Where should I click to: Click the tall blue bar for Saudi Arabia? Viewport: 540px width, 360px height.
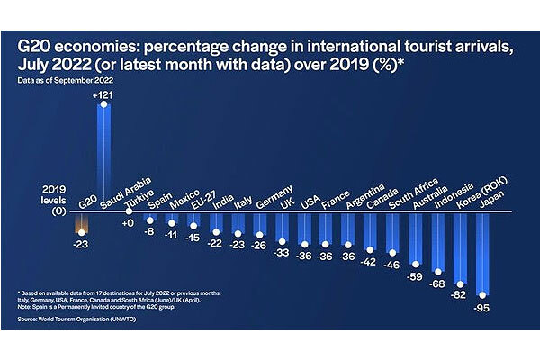point(105,157)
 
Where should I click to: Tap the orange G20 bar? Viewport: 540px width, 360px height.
point(83,222)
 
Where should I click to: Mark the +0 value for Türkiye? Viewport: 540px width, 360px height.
point(127,222)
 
